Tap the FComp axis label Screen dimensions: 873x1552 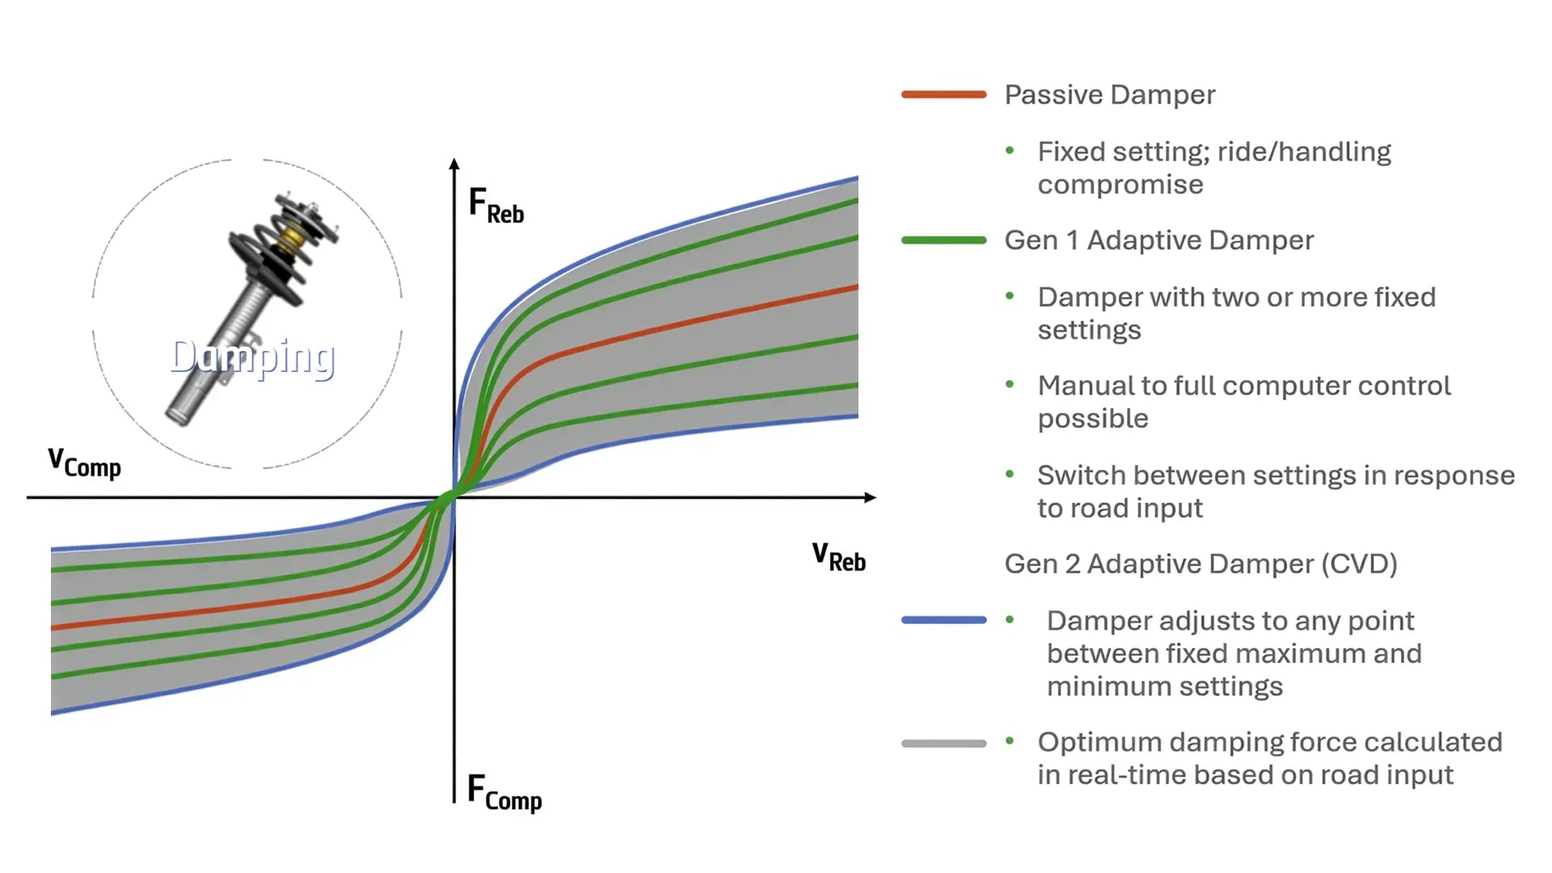[504, 792]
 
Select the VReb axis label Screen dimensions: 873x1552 [838, 557]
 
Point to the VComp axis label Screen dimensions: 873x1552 [84, 463]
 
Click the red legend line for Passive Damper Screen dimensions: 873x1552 [943, 95]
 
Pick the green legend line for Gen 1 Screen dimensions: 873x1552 [943, 240]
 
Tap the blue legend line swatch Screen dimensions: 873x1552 [943, 620]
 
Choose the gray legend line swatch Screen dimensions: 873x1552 [943, 743]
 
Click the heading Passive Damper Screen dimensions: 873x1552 [1109, 95]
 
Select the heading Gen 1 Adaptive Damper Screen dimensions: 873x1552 [1158, 240]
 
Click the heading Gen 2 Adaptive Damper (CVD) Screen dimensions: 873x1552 [1200, 563]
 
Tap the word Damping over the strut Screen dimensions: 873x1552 [253, 357]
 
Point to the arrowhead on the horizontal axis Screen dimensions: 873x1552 [870, 497]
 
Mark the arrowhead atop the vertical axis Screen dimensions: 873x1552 [454, 164]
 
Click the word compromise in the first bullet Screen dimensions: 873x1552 [1120, 184]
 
